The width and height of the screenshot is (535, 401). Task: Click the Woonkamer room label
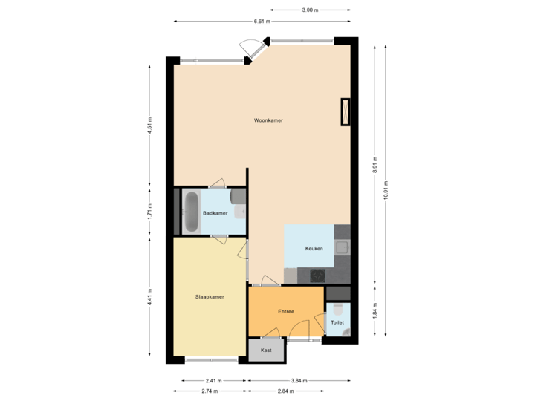coord(267,120)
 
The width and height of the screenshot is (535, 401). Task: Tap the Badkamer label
coord(215,213)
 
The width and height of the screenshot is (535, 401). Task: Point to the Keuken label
coord(314,248)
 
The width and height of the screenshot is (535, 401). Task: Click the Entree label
coord(286,311)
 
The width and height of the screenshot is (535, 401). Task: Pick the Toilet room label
coord(337,323)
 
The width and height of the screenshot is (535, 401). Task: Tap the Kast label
coord(266,349)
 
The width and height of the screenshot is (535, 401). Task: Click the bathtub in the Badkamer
coord(191,213)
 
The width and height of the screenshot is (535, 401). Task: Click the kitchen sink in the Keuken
coord(342,247)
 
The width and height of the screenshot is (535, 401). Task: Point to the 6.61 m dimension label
coord(261,22)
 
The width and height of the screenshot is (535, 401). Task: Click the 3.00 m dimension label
coord(310,10)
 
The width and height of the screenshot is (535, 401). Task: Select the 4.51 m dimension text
coord(150,125)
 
